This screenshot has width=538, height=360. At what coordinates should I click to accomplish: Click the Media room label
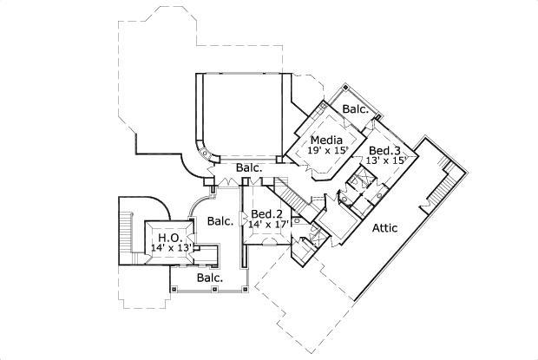(x=325, y=139)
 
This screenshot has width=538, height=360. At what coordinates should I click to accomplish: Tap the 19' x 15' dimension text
(x=327, y=150)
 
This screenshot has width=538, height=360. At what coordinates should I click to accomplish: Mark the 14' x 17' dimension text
(x=267, y=225)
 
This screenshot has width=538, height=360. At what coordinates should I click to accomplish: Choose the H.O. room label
(x=167, y=237)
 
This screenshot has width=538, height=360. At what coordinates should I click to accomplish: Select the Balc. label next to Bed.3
(x=357, y=109)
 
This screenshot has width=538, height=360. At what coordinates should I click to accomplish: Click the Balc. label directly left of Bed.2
(x=220, y=221)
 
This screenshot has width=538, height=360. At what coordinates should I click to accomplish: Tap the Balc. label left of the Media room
(x=251, y=167)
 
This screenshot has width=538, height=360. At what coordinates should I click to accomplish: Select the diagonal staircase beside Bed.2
(x=296, y=201)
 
